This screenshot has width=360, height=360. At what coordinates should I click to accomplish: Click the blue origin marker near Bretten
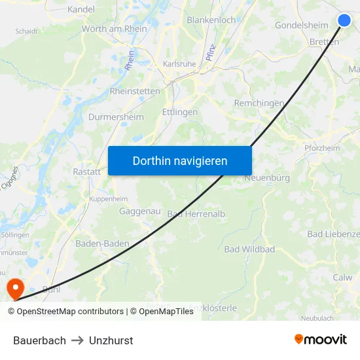pyautogui.click(x=344, y=20)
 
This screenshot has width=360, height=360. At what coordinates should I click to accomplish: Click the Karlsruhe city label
pyautogui.click(x=179, y=63)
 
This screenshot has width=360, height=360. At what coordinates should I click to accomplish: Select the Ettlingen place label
pyautogui.click(x=179, y=112)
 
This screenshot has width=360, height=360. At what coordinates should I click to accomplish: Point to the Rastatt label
pyautogui.click(x=86, y=171)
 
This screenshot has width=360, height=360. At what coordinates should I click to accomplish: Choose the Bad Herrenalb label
pyautogui.click(x=196, y=214)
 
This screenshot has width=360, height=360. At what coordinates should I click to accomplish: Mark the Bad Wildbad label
pyautogui.click(x=249, y=249)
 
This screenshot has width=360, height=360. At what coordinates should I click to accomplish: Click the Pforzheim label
pyautogui.click(x=322, y=149)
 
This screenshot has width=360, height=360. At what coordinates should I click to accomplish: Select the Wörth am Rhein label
pyautogui.click(x=114, y=29)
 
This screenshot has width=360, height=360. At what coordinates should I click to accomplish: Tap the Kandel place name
pyautogui.click(x=81, y=9)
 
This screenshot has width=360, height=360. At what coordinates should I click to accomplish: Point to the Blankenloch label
pyautogui.click(x=211, y=20)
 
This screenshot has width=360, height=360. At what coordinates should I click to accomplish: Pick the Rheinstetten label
pyautogui.click(x=135, y=91)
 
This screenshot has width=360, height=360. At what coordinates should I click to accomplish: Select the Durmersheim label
pyautogui.click(x=116, y=117)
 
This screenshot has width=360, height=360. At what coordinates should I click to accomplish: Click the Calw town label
pyautogui.click(x=342, y=277)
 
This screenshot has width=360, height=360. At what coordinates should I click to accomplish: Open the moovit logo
pyautogui.click(x=321, y=339)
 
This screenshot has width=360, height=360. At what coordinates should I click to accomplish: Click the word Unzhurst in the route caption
pyautogui.click(x=111, y=340)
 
